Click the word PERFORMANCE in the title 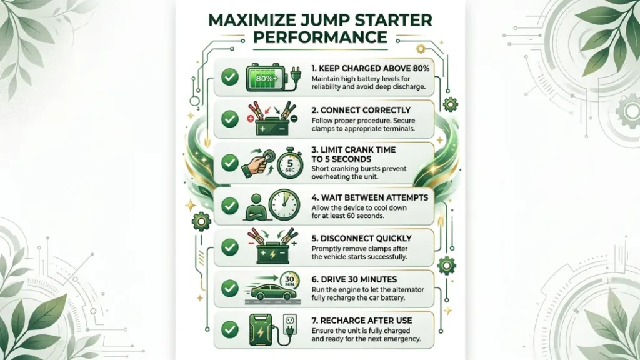click(320, 37)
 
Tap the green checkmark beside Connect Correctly click(230, 119)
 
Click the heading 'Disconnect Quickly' click(362, 238)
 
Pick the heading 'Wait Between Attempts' click(370, 197)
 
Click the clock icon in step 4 click(284, 205)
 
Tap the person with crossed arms click(256, 207)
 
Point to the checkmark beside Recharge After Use click(230, 329)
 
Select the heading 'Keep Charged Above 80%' click(370, 69)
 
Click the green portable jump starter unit click(260, 330)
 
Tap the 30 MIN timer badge click(290, 281)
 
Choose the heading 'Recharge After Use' click(362, 321)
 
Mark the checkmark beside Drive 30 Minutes click(230, 288)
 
